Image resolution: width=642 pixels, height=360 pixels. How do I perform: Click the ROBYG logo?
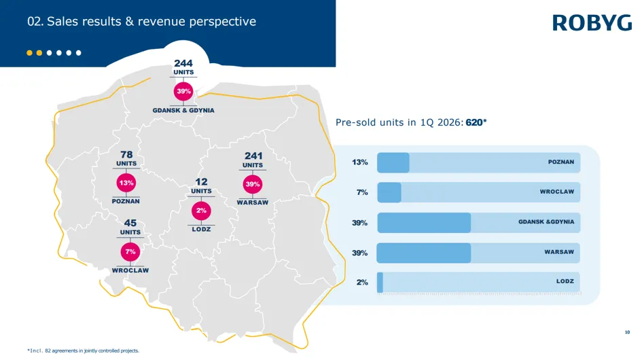click(x=592, y=23)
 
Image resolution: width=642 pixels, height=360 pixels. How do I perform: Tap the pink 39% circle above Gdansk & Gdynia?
click(x=183, y=91)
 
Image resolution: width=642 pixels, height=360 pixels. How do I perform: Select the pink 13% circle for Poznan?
click(x=126, y=183)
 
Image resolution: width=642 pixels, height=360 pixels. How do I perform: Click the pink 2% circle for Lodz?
click(x=201, y=211)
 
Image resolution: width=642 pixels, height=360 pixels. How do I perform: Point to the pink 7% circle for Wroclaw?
click(x=130, y=251)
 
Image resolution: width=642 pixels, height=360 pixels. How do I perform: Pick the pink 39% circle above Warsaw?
click(x=253, y=184)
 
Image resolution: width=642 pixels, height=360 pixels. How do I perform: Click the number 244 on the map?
click(x=183, y=63)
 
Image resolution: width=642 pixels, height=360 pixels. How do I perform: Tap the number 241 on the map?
click(x=253, y=156)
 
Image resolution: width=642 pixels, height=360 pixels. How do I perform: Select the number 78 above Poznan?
click(x=126, y=154)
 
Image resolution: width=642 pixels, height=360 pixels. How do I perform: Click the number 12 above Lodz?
click(x=201, y=182)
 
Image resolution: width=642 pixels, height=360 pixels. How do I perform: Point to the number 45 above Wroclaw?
click(x=130, y=223)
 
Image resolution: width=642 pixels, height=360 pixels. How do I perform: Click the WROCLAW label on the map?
click(x=130, y=270)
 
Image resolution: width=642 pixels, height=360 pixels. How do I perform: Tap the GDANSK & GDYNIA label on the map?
click(x=183, y=110)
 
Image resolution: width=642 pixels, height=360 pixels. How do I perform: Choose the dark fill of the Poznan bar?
click(x=393, y=162)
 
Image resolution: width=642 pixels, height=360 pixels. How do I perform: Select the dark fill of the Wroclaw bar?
click(x=389, y=192)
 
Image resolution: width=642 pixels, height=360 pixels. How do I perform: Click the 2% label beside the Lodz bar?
click(x=362, y=282)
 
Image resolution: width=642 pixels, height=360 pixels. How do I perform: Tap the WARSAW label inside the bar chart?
click(x=559, y=252)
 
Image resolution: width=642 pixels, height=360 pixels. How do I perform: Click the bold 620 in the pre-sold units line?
click(x=474, y=122)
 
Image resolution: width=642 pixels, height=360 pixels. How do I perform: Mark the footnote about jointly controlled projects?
click(x=83, y=350)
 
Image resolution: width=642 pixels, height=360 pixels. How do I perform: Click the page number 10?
click(x=627, y=332)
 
